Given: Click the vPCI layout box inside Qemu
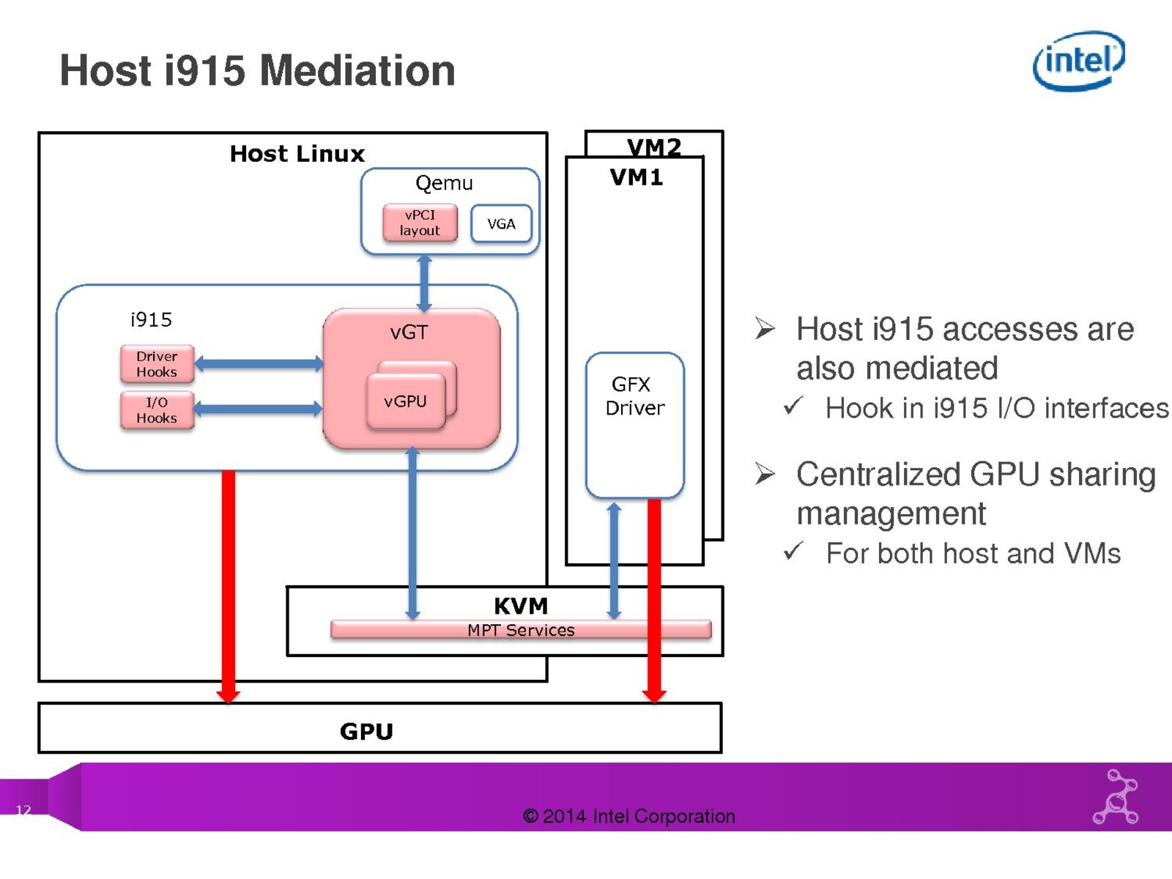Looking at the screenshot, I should pyautogui.click(x=420, y=223).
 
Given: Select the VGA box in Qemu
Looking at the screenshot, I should pyautogui.click(x=501, y=224).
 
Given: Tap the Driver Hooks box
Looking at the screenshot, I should pyautogui.click(x=157, y=364).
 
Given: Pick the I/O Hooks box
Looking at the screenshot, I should pyautogui.click(x=157, y=410).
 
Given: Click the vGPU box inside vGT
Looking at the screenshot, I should pyautogui.click(x=405, y=401).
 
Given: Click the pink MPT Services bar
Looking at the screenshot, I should pyautogui.click(x=520, y=630).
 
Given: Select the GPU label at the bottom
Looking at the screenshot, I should pyautogui.click(x=366, y=731).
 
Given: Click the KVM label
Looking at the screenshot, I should pyautogui.click(x=520, y=606).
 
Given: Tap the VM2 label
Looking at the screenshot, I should pyautogui.click(x=654, y=147).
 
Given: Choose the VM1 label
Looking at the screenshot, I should pyautogui.click(x=636, y=177).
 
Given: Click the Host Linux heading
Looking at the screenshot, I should pyautogui.click(x=297, y=154).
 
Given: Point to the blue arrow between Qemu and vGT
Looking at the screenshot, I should pyautogui.click(x=424, y=283).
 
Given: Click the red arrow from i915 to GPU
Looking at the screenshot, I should pyautogui.click(x=229, y=586).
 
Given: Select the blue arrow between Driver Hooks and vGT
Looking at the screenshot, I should pyautogui.click(x=259, y=363).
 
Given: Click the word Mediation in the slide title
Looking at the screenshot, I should pyautogui.click(x=357, y=71).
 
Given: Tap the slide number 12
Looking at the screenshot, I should pyautogui.click(x=23, y=810).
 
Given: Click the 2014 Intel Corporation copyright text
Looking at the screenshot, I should pyautogui.click(x=628, y=816).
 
